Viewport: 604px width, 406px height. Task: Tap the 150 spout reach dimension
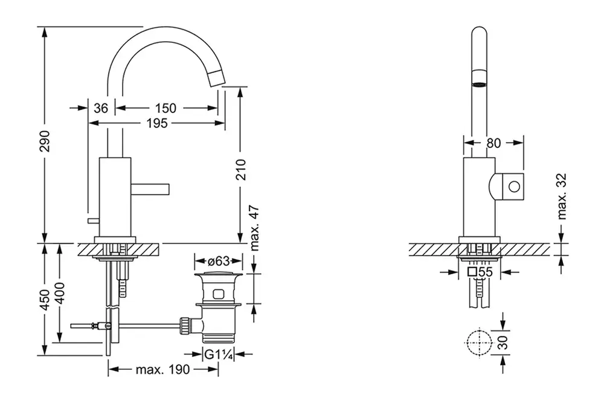165,108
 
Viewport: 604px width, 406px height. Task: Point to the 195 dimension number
156,123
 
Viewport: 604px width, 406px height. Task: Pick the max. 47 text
254,227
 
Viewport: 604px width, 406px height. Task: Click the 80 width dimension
493,143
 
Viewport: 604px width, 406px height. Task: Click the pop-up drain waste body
217,308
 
